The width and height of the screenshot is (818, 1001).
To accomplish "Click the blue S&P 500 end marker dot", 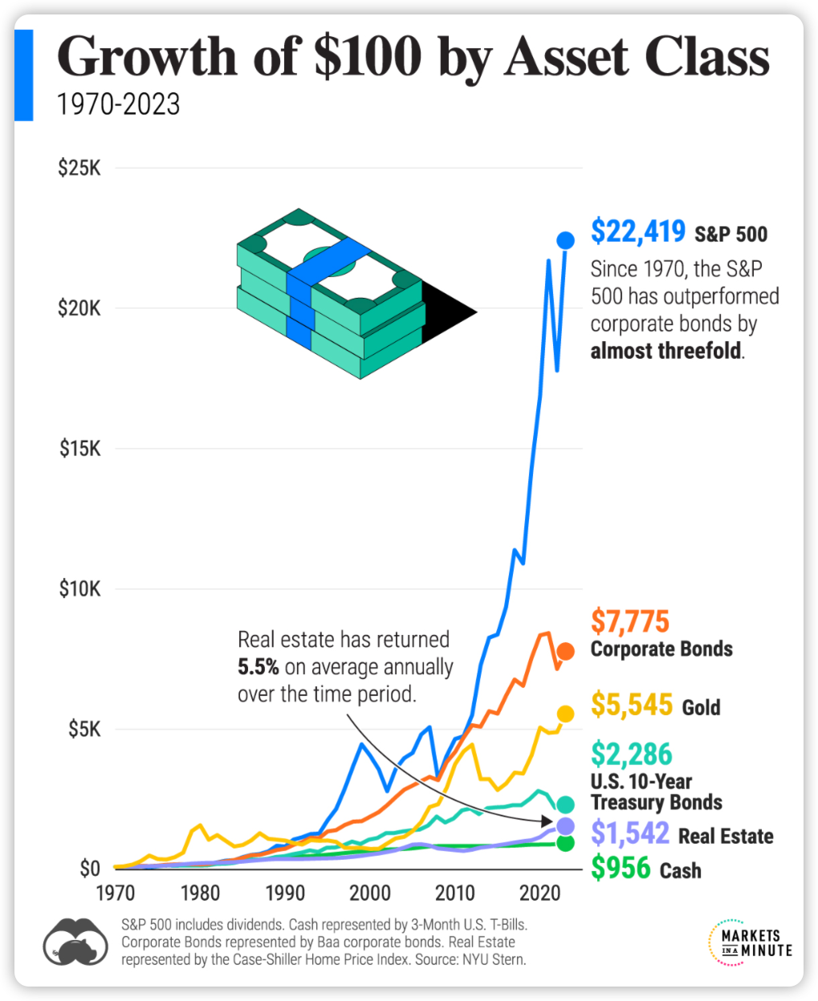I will tap(565, 240).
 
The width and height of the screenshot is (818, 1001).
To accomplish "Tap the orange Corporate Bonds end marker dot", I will tap(565, 651).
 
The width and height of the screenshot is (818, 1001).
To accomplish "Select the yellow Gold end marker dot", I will tap(565, 714).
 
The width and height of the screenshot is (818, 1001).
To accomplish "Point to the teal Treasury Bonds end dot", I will tap(565, 804).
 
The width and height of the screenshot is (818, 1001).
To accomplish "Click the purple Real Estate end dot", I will tap(565, 826).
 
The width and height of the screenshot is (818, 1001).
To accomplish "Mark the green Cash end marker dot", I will tap(565, 843).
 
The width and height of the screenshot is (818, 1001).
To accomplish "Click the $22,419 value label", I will tap(638, 231).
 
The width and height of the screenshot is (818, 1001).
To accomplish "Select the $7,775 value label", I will tap(630, 621).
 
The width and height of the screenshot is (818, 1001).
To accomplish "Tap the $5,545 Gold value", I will tap(632, 705).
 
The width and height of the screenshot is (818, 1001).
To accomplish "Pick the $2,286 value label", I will tap(632, 755).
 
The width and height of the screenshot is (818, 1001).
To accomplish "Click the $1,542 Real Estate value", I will tap(630, 833).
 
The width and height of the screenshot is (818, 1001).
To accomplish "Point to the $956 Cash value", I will tap(621, 868).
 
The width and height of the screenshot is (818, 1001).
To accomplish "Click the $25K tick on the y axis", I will tap(79, 169).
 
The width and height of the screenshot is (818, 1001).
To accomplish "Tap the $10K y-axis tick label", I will tap(79, 589).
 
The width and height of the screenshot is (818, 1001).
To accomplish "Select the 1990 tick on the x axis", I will tap(285, 893).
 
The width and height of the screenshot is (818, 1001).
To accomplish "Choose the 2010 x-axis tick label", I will tap(455, 893).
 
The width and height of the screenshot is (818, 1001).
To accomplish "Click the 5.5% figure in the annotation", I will tap(258, 667).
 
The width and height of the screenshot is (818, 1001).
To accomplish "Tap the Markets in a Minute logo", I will tap(751, 942).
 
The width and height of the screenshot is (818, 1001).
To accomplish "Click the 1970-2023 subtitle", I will tap(119, 104).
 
